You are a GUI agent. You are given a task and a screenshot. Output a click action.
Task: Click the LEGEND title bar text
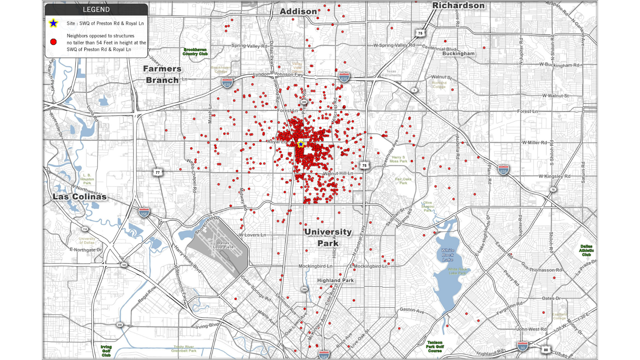[x=96, y=10]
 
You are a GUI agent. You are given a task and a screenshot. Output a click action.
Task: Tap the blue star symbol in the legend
[x=53, y=23]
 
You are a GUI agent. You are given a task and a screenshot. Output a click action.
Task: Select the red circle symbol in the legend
[x=53, y=42]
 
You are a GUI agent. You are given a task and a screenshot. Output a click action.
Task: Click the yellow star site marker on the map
[x=301, y=144]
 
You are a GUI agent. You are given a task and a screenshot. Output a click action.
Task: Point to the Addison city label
[x=298, y=12]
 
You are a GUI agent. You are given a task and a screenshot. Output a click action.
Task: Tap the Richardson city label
[x=458, y=6]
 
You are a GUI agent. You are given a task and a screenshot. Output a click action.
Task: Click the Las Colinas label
[x=80, y=197]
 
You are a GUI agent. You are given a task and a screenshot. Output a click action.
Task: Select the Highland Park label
[x=335, y=280]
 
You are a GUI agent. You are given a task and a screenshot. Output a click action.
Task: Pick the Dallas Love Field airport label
[x=223, y=245]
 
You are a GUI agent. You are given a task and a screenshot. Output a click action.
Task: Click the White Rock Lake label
[x=448, y=255]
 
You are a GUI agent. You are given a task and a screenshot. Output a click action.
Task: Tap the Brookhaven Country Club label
[x=195, y=52]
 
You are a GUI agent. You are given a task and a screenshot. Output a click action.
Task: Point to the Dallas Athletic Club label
[x=586, y=250]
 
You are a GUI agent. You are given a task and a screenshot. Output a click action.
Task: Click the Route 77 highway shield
[x=158, y=172]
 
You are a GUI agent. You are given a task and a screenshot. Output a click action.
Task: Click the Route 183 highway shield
[x=124, y=265]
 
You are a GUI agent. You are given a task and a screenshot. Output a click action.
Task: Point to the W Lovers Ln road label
[x=252, y=235]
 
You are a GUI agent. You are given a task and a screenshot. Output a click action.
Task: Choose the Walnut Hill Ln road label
[x=338, y=173]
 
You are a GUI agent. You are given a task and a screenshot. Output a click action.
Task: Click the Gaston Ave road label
[x=412, y=310]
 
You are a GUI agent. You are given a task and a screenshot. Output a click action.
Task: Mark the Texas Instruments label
[x=391, y=73]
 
